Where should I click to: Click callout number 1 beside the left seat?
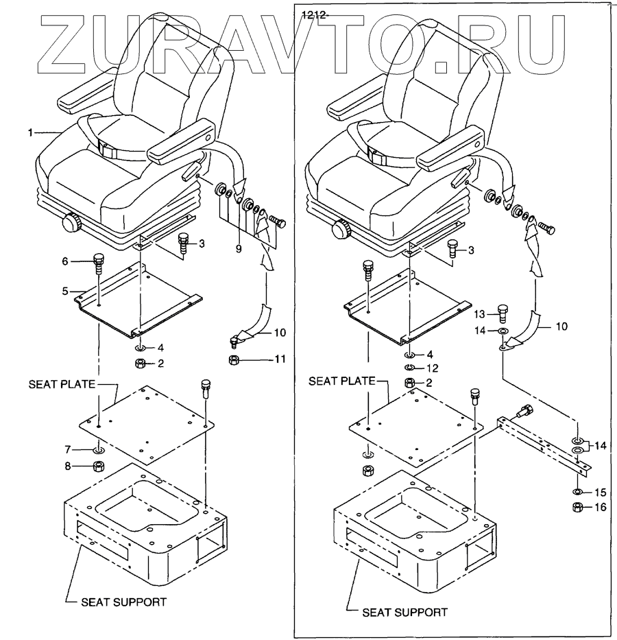click(x=30, y=132)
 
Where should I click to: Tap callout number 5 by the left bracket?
click(x=66, y=291)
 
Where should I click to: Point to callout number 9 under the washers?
click(x=239, y=249)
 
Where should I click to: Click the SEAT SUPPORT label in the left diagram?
click(x=124, y=602)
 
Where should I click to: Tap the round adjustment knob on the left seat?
click(x=71, y=223)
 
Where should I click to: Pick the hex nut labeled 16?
click(x=578, y=508)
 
